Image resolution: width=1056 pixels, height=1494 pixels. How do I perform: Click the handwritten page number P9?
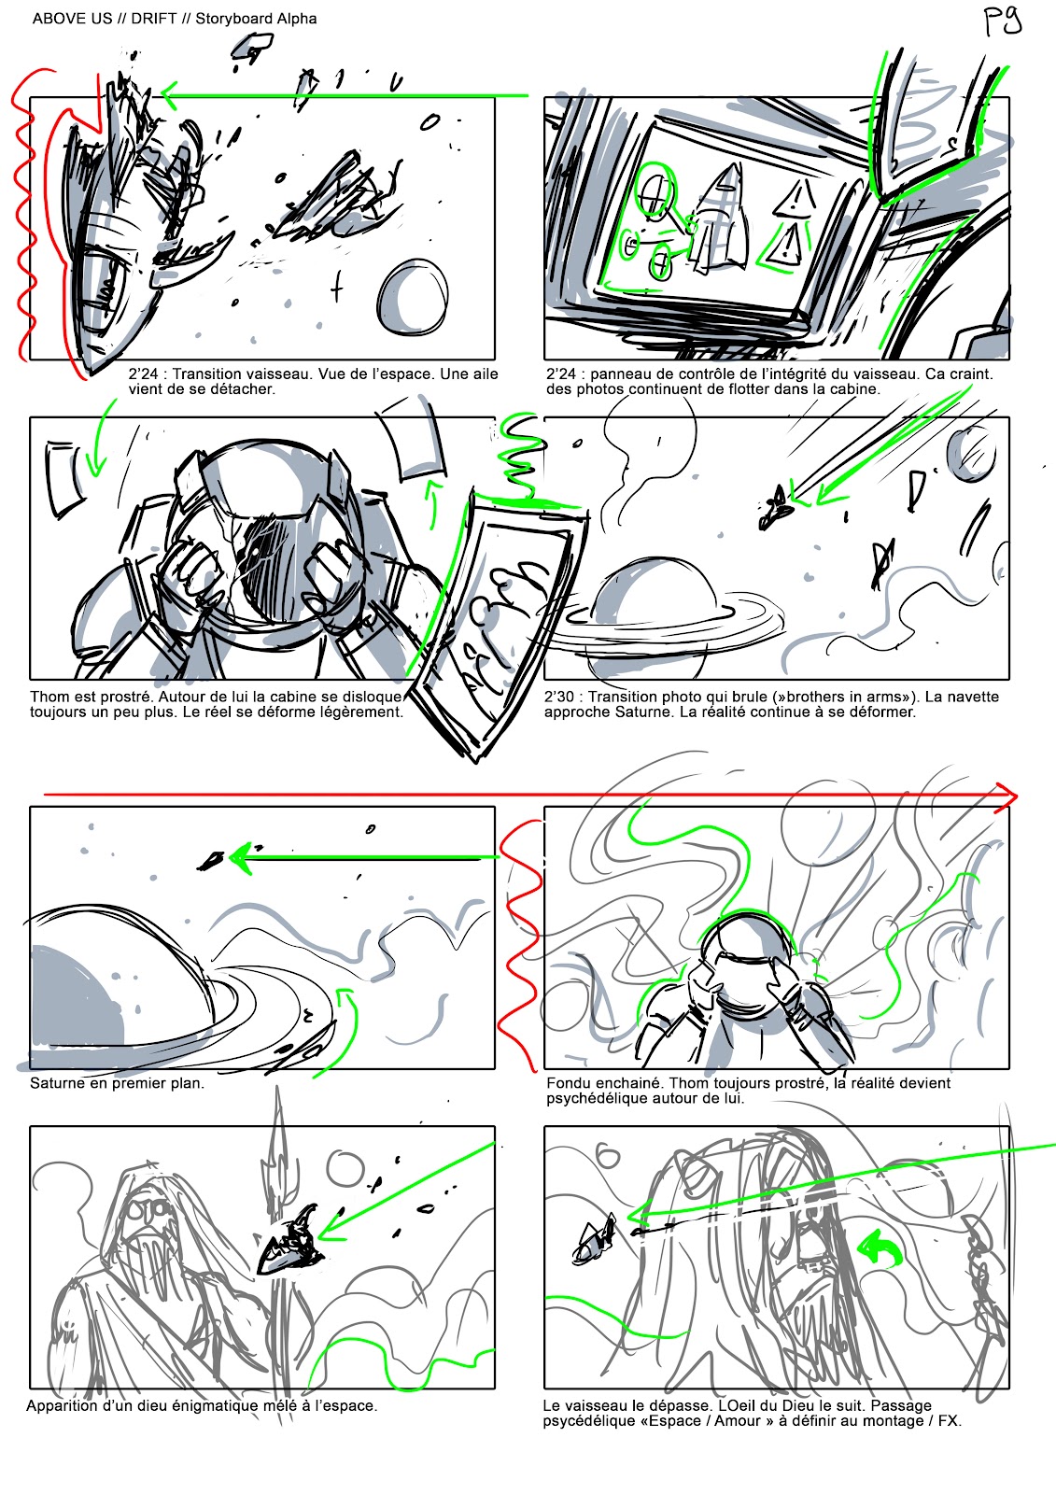click(x=1004, y=22)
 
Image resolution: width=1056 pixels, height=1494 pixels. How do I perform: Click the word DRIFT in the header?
click(x=154, y=19)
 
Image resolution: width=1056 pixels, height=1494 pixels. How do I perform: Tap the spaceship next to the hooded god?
click(x=291, y=1243)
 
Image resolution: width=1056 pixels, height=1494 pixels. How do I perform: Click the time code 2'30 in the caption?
click(x=559, y=697)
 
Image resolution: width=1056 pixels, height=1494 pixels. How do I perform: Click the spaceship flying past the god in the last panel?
click(x=594, y=1238)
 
